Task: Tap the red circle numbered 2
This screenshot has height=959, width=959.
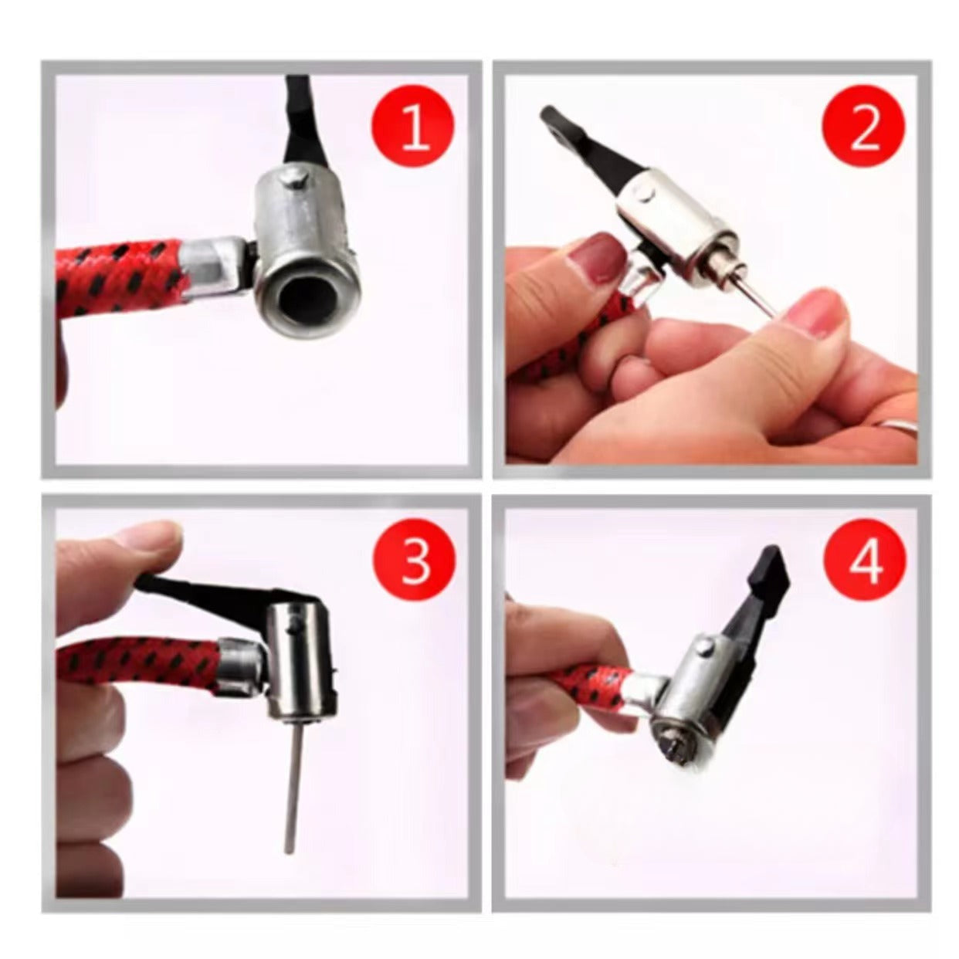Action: pos(863,127)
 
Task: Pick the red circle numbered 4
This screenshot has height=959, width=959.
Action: pos(865,560)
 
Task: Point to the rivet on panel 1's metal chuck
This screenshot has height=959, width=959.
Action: pos(293,179)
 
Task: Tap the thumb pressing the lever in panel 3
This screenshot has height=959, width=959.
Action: pos(120,550)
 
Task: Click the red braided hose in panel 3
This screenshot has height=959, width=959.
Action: pos(138,662)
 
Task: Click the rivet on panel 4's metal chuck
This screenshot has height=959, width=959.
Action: pos(707,648)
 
